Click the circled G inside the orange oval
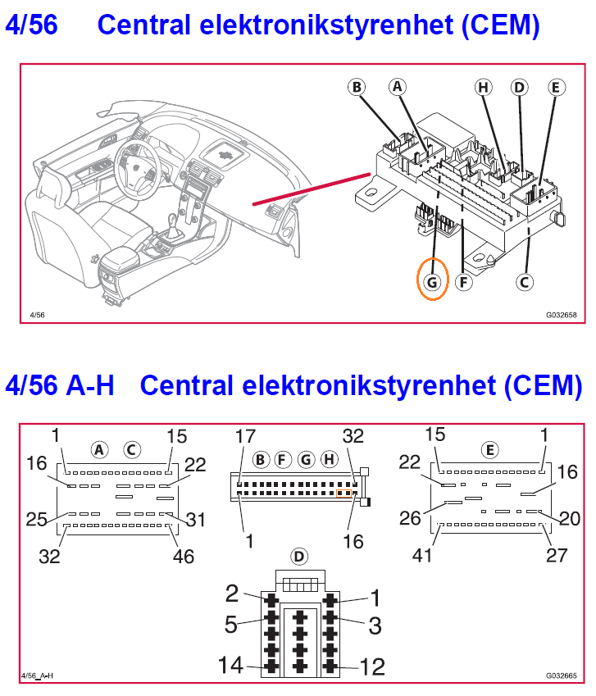tap(432, 282)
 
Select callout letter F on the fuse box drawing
tap(464, 282)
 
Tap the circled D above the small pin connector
tap(299, 557)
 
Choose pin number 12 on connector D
tap(372, 666)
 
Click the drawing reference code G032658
tap(562, 314)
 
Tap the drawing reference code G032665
tap(562, 676)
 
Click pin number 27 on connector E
tap(556, 554)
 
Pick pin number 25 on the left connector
tap(35, 518)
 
